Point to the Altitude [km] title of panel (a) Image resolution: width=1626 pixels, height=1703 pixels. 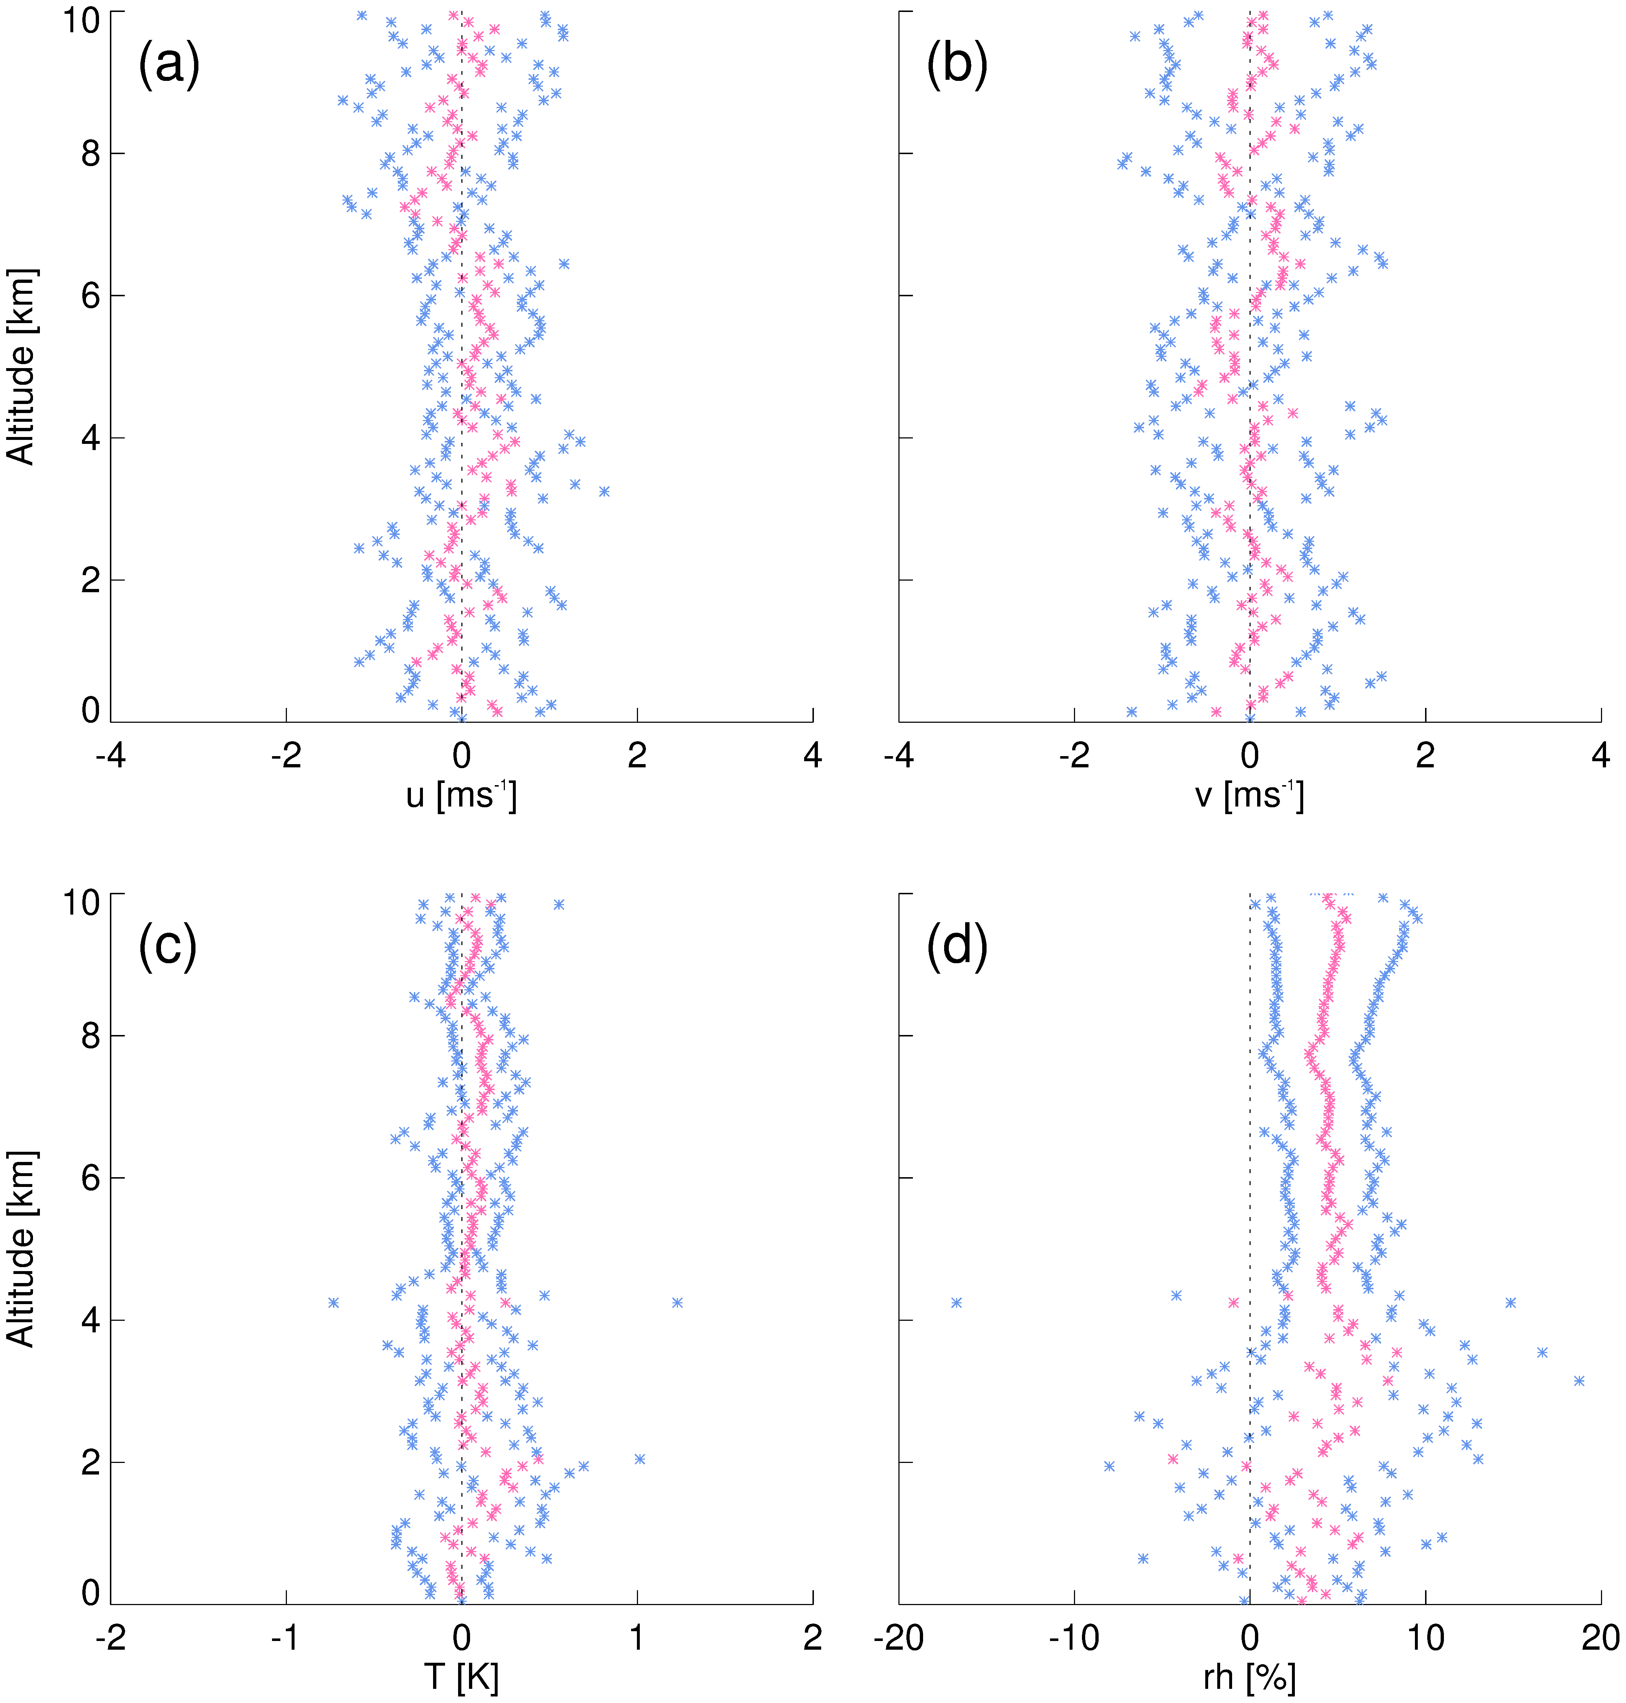(21, 367)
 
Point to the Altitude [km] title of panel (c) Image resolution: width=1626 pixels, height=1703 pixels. (21, 1249)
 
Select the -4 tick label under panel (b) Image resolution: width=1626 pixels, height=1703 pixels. (899, 756)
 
